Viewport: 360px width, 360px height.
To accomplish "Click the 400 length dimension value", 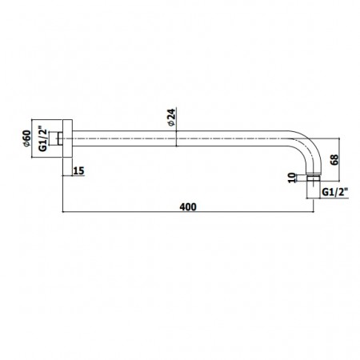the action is [x=188, y=207].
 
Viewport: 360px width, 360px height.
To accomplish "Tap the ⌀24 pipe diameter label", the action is [x=171, y=117].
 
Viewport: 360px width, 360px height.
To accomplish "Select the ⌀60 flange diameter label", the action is [x=27, y=138].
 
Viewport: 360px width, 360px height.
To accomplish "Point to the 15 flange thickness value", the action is [x=78, y=170].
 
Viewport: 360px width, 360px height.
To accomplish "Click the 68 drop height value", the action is [x=334, y=159].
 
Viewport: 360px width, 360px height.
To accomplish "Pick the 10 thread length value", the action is [x=293, y=178].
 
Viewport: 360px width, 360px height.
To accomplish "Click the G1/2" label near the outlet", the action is [x=335, y=192].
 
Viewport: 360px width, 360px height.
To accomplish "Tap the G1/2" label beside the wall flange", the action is [x=43, y=138].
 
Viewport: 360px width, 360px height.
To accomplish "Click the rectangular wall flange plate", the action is [x=67, y=138].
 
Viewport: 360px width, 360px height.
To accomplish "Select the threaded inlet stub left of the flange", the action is [x=60, y=138].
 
